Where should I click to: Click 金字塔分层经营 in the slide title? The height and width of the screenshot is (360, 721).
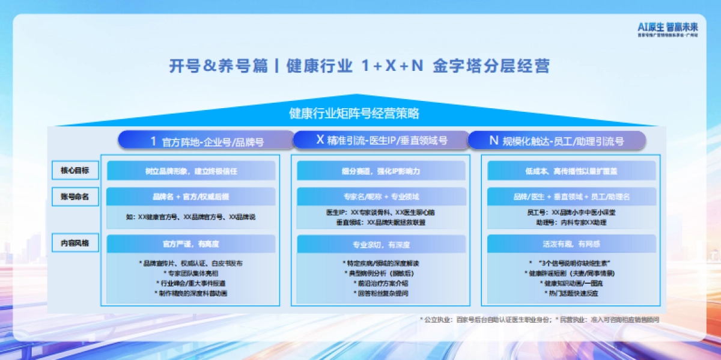pos(491,66)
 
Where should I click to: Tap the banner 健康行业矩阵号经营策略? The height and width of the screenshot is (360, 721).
pos(354,113)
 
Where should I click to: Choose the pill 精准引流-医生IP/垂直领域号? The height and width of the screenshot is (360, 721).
pos(382,141)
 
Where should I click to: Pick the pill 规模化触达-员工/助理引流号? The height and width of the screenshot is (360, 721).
pos(556,141)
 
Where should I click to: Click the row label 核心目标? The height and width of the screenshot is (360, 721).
pos(75,171)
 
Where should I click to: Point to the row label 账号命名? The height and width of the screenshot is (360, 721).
pos(75,197)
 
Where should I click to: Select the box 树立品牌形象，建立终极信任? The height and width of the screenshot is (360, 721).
pos(191,171)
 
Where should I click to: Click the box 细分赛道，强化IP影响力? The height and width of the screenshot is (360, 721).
pos(381,171)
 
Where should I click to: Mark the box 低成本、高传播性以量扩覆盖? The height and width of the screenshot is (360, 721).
pos(571,171)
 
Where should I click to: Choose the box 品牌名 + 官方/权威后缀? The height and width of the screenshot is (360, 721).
pos(191,197)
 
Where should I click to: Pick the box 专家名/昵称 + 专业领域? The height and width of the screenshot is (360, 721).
pos(381,197)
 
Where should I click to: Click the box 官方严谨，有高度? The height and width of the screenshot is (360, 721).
pos(191,244)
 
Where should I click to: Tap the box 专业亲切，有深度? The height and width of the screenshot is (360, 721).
pos(381,244)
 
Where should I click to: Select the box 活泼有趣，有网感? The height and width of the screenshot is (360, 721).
pos(571,244)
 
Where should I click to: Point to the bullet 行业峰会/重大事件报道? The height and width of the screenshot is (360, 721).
pos(191,283)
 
